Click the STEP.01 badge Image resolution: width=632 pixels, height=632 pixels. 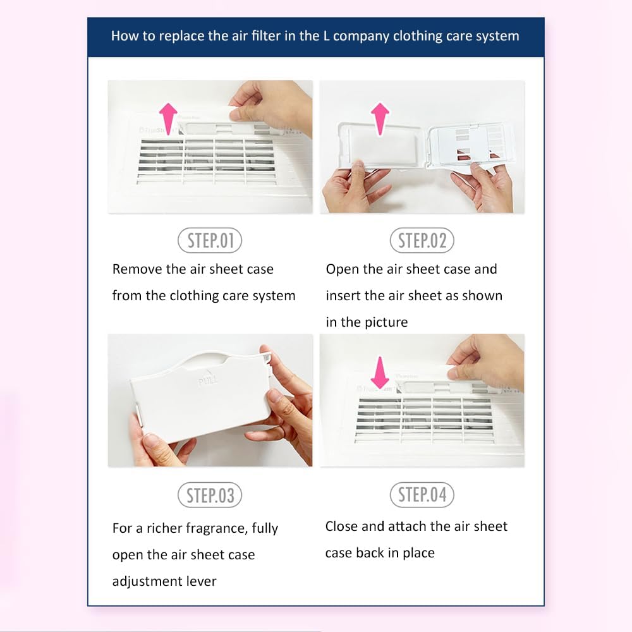tap(210, 240)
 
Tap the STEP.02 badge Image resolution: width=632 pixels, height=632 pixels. tap(422, 240)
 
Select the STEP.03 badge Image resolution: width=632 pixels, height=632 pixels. tap(210, 495)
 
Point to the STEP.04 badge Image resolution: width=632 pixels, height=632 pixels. tap(422, 495)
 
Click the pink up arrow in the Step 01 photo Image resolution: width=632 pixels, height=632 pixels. tap(168, 118)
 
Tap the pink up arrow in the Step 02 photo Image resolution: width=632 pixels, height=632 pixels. tap(380, 119)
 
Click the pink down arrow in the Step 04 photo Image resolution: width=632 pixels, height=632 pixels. tap(380, 372)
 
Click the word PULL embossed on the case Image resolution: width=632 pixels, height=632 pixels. tap(208, 380)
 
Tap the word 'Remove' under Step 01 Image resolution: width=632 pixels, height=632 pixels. tap(137, 269)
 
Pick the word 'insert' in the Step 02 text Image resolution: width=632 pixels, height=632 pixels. tap(343, 295)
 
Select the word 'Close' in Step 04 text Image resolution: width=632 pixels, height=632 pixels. tap(341, 526)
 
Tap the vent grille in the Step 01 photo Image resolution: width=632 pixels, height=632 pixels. tap(207, 161)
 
